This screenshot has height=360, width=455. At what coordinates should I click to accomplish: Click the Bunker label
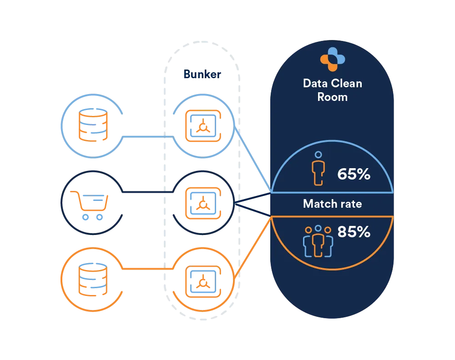[x=202, y=74]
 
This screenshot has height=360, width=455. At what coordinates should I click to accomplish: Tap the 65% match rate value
[x=354, y=174]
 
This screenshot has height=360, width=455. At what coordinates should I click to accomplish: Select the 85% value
[x=354, y=232]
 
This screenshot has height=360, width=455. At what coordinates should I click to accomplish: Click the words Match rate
[x=332, y=204]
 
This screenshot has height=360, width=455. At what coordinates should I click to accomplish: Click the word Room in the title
[x=332, y=97]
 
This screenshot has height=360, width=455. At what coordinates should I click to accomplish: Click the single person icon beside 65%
[x=318, y=169]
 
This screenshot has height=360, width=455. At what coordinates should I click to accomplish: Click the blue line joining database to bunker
[x=146, y=136]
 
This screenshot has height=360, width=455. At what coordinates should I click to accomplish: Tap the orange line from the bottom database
[x=146, y=270]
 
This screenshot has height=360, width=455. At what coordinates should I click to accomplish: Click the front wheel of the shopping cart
[x=100, y=217]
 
